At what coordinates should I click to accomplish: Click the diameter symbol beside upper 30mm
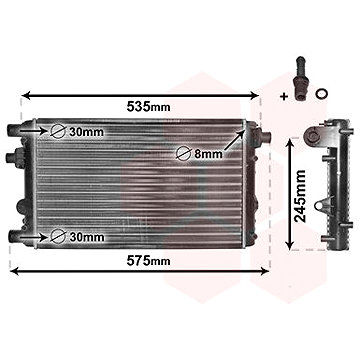coord(59,131)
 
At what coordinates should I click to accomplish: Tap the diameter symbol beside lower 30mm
coord(59,237)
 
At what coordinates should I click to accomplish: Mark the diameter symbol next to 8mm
coord(185,153)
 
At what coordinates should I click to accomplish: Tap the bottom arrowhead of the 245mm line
coord(291,245)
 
